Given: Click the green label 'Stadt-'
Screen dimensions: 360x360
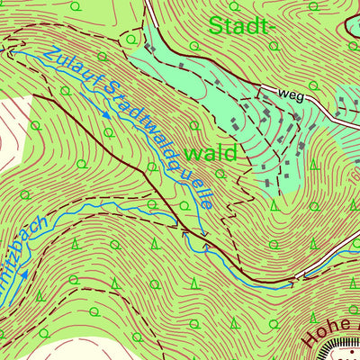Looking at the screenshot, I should [240, 26].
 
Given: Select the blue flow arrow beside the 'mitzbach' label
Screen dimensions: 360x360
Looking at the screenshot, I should [24, 276].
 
